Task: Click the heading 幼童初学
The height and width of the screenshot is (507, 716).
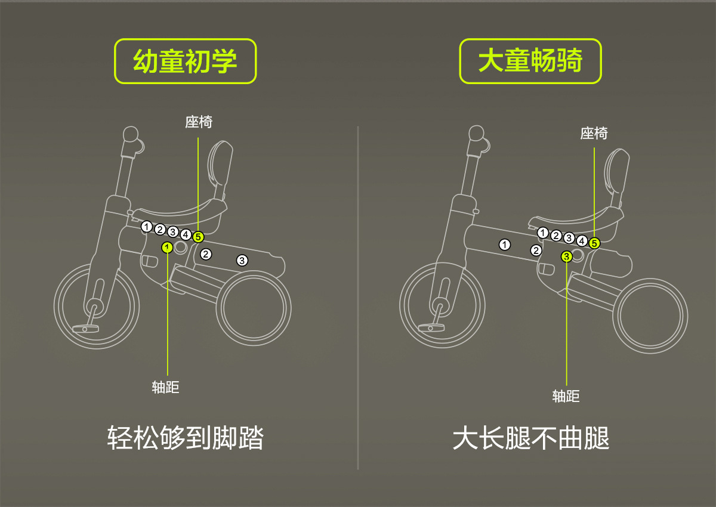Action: point(185,61)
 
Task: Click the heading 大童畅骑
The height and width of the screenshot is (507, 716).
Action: point(530,61)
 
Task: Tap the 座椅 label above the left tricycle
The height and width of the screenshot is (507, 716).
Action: point(199,122)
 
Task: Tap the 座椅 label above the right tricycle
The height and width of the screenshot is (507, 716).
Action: point(594,134)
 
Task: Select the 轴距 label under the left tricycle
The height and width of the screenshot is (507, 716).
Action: point(166,387)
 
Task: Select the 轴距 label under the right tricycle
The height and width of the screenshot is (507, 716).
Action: point(566,396)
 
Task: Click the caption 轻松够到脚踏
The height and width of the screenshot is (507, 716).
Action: point(186,438)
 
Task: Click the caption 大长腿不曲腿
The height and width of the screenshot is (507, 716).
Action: point(531,438)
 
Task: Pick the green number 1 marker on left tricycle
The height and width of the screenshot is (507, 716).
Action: point(168,247)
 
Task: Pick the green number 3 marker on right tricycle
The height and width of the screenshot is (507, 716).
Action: point(567,256)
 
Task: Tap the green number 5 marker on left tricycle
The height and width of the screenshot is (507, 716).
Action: point(199,237)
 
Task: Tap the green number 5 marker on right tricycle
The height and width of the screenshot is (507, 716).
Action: point(594,243)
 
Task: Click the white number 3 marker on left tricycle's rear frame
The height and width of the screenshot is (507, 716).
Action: point(242,260)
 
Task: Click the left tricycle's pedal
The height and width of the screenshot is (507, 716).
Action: point(84,328)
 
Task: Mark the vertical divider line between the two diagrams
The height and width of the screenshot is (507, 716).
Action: point(358,298)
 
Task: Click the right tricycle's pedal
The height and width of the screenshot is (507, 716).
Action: point(430,327)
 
